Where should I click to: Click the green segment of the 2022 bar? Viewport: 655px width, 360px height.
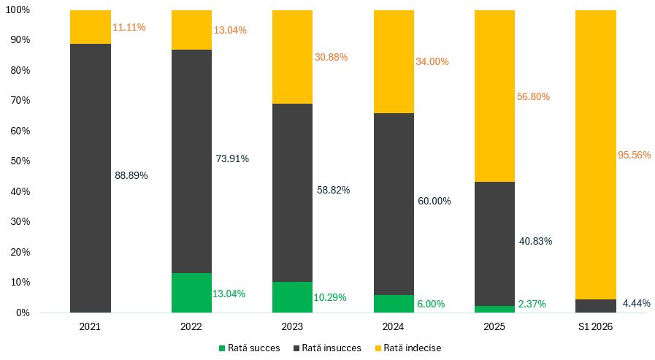191,293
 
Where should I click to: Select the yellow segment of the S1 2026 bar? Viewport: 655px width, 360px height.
596,155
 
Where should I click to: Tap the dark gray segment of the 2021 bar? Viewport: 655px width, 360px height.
91,178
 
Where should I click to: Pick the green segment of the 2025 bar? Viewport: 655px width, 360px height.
494,309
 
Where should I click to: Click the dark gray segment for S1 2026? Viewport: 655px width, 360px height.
596,306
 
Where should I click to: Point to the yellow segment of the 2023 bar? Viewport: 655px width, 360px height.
292,57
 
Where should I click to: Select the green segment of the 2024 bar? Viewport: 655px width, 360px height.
394,304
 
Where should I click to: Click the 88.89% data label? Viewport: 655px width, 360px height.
131,175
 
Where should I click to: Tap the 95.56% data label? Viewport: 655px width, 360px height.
634,155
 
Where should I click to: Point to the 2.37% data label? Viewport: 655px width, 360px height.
532,304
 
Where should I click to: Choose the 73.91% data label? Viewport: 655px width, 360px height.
232,158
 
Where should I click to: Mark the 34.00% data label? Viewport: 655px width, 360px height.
432,61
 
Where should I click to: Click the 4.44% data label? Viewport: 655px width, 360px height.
636,303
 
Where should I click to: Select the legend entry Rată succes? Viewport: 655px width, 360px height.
250,348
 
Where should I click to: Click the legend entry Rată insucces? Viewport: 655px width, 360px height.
327,348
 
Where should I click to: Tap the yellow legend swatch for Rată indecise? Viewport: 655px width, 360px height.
378,348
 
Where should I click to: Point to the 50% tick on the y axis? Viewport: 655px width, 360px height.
20,161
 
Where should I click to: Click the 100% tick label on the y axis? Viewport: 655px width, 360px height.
18,9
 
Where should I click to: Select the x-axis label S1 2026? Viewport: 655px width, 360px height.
595,326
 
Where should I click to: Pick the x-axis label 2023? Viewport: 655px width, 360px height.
292,326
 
